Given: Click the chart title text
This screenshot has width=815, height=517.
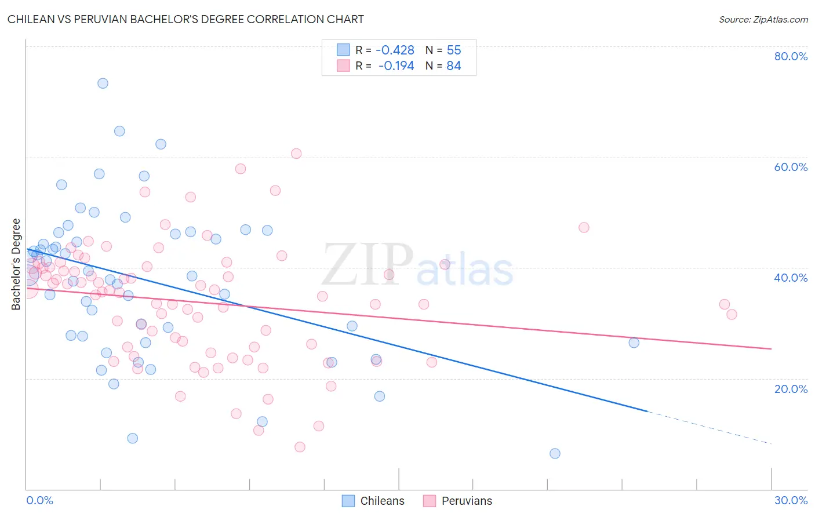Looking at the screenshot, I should click(x=185, y=19).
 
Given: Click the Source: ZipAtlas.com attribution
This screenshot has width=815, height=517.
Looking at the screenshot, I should click(x=763, y=19).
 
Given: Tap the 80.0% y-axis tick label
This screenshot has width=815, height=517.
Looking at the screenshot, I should click(x=791, y=56).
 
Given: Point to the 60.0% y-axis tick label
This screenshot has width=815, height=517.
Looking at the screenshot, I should click(x=791, y=167).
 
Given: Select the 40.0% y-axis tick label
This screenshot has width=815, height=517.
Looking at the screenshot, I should click(x=791, y=278).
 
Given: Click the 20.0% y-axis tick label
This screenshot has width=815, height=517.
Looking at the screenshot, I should click(x=791, y=388).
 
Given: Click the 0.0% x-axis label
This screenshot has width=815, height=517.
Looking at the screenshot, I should click(x=39, y=500).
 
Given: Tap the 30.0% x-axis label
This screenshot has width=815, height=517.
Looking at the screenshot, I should click(x=791, y=500).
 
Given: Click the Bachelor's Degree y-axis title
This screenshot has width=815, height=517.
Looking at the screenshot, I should click(x=16, y=264).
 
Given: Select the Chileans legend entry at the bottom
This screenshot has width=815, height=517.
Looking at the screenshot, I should click(x=373, y=501).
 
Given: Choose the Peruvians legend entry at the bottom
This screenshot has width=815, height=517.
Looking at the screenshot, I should click(x=458, y=501).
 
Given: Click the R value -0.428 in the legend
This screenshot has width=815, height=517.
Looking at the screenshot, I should click(x=395, y=50).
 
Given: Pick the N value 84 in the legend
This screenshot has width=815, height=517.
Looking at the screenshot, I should click(x=453, y=66).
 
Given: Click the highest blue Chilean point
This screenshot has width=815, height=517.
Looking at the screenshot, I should click(x=103, y=83).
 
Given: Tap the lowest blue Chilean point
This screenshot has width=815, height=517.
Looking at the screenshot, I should click(x=555, y=453).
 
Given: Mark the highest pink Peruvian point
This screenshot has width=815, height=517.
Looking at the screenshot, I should click(x=296, y=154).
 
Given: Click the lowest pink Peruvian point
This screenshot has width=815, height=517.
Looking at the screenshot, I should click(x=300, y=447).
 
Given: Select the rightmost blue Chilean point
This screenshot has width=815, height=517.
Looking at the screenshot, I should click(x=634, y=343).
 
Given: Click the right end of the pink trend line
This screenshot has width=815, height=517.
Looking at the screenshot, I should click(x=771, y=348).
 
